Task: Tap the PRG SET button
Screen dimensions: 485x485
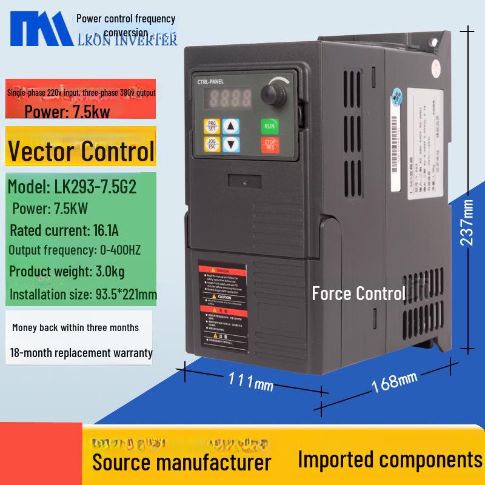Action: pyautogui.click(x=212, y=126)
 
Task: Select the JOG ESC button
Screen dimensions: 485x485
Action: pyautogui.click(x=212, y=145)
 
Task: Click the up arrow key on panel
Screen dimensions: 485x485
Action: pyautogui.click(x=231, y=126)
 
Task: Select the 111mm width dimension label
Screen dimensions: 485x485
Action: pyautogui.click(x=250, y=381)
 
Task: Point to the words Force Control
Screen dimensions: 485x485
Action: pyautogui.click(x=358, y=294)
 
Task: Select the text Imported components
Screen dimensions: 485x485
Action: pyautogui.click(x=390, y=460)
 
